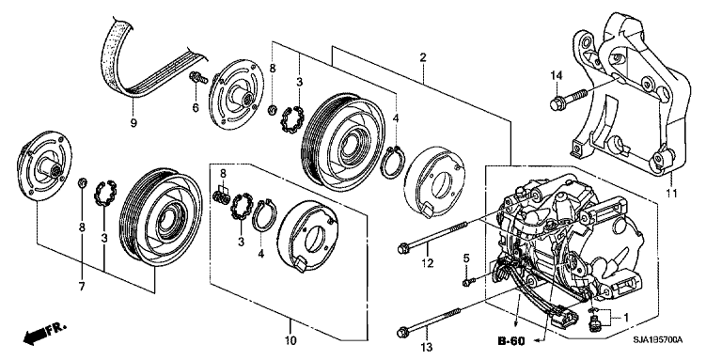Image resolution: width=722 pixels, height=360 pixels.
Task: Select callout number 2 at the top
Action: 423,58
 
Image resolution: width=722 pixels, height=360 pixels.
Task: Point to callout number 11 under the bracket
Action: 671,194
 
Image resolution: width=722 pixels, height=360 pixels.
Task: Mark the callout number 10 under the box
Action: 290,339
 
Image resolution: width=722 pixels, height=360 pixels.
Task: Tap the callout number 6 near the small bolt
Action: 196,109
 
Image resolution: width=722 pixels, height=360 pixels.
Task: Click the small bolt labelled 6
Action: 196,76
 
